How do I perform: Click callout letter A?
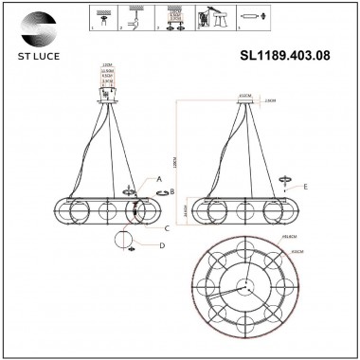(159, 177)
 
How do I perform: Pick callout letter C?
(166, 228)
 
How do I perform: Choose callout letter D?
(161, 246)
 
